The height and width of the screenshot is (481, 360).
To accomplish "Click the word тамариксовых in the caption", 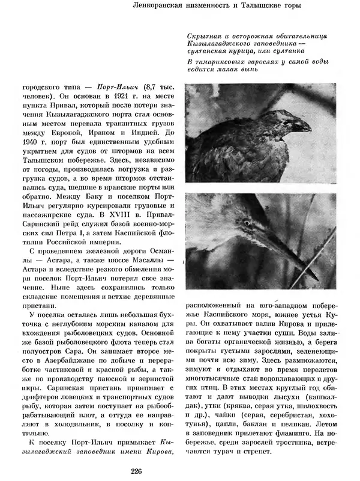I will click(x=221, y=63).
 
